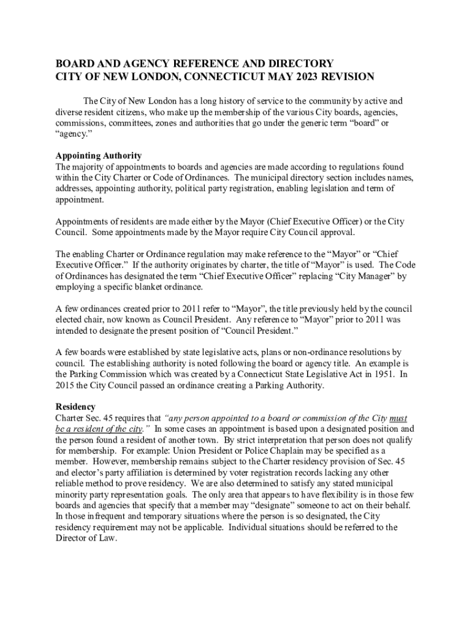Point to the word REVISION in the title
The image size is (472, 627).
pyautogui.click(x=343, y=78)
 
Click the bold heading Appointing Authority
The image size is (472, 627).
pyautogui.click(x=99, y=156)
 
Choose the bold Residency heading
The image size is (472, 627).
pyautogui.click(x=75, y=407)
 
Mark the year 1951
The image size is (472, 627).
pyautogui.click(x=380, y=374)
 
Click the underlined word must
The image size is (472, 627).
pyautogui.click(x=398, y=418)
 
